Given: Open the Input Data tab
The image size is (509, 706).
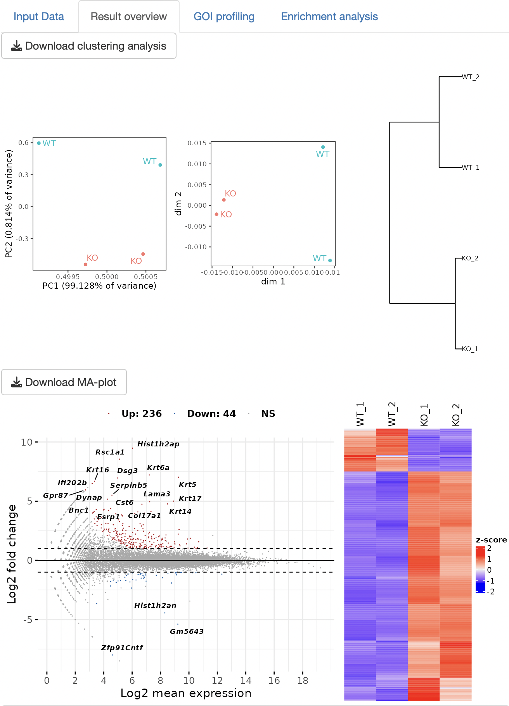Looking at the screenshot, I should [x=38, y=17].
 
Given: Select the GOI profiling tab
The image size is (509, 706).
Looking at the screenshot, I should [x=224, y=17].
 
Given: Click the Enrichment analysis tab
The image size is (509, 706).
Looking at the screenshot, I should [x=329, y=17].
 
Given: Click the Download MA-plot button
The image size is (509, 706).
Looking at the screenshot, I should [x=64, y=382].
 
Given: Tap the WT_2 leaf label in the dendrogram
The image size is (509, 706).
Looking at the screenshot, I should [x=470, y=77].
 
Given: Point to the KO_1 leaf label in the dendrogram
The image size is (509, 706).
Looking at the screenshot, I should [x=470, y=349].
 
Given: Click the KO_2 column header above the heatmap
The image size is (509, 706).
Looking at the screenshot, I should [x=456, y=415].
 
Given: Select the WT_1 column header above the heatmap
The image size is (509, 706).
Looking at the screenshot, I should [x=360, y=414].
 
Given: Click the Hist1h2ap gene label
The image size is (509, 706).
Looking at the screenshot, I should [x=158, y=444].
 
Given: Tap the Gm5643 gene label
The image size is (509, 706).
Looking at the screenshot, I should [x=187, y=631].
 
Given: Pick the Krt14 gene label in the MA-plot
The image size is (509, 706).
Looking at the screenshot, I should [x=180, y=511].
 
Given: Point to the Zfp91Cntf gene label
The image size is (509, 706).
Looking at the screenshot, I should [x=122, y=647].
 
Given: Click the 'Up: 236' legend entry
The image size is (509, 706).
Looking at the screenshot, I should [x=141, y=414].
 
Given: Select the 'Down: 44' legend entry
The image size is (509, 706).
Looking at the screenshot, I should [x=211, y=414].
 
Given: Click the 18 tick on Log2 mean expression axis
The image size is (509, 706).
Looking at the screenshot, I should [x=303, y=680].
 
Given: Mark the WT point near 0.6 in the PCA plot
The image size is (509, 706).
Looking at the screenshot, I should [x=39, y=143].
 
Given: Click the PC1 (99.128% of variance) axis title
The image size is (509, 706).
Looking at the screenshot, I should [x=99, y=286].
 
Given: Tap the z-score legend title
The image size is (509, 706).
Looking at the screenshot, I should [x=491, y=540].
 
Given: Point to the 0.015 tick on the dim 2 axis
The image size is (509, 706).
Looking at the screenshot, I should [x=197, y=143].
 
